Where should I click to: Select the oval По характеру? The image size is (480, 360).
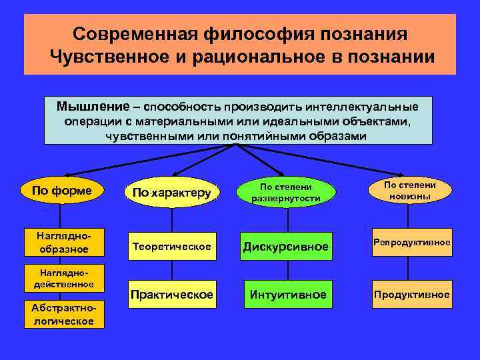[171, 193]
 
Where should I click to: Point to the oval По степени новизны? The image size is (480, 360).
[410, 191]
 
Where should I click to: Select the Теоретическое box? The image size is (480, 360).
[173, 247]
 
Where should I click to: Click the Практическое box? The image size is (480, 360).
[173, 295]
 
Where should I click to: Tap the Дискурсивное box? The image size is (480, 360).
[286, 247]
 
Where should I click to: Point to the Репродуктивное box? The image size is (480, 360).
[411, 242]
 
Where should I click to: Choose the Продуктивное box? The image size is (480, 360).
[411, 295]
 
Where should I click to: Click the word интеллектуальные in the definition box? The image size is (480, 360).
[371, 107]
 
